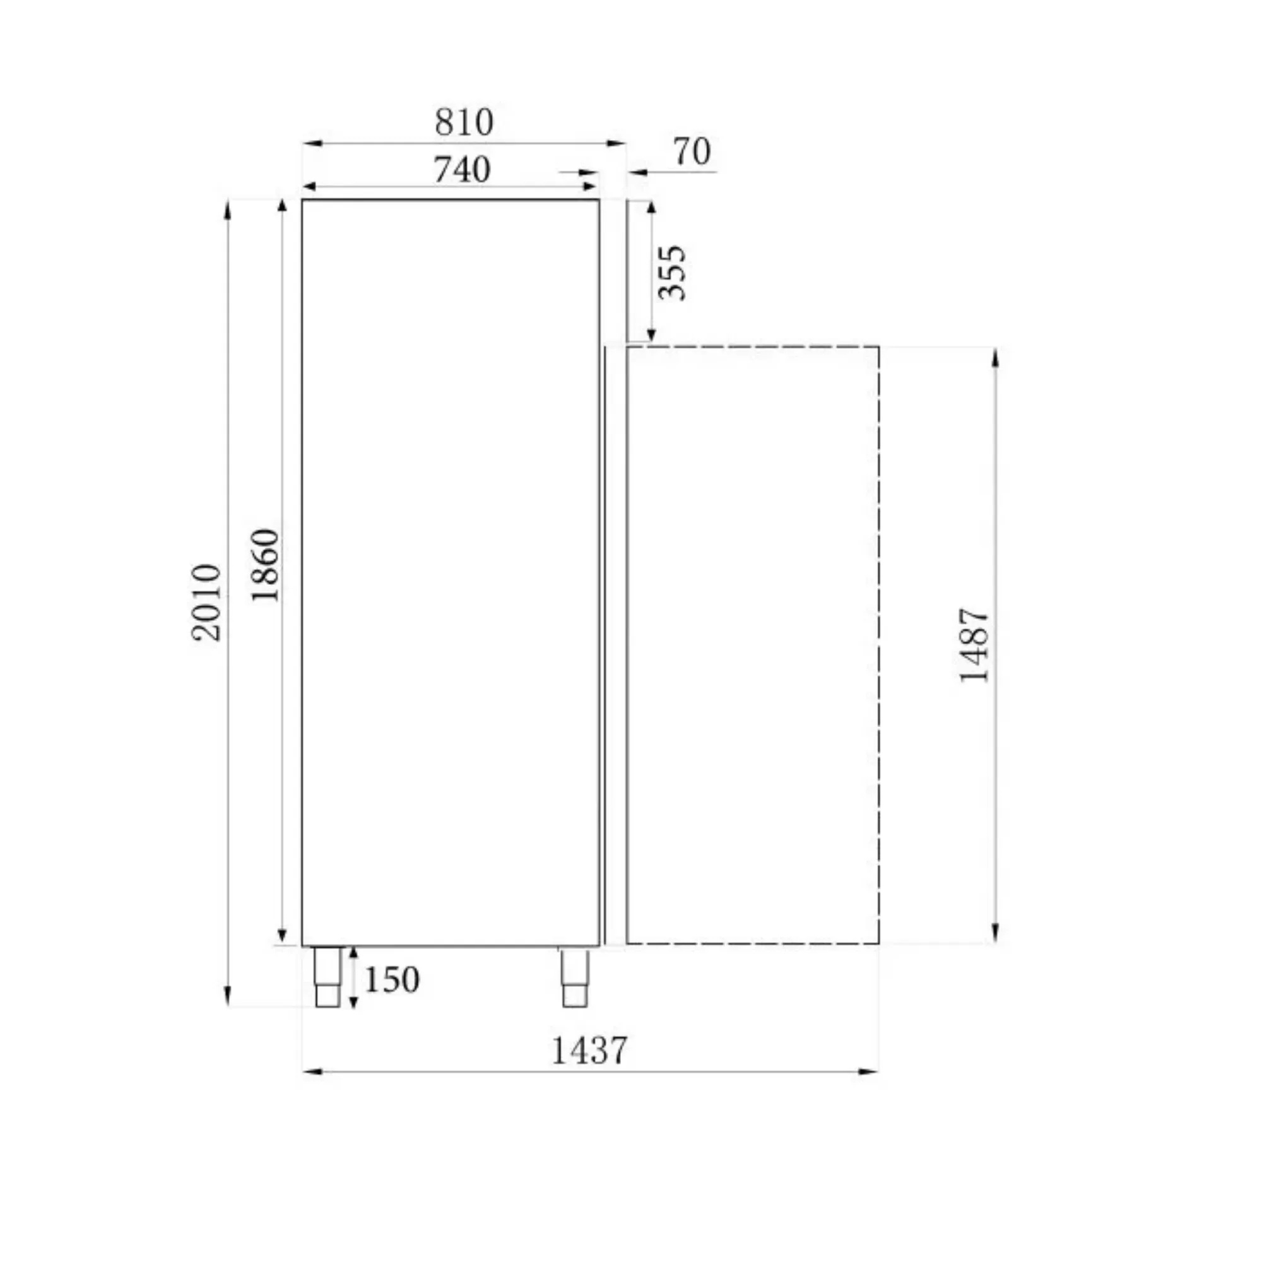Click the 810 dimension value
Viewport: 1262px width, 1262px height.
(x=464, y=122)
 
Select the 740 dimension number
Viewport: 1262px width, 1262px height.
(x=462, y=170)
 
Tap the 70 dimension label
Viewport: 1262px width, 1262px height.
(x=692, y=152)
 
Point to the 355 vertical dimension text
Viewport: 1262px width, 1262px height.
(x=672, y=273)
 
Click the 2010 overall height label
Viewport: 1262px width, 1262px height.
(x=206, y=602)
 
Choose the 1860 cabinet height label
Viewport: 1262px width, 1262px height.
(x=265, y=565)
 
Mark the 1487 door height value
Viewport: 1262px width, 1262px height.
(x=975, y=646)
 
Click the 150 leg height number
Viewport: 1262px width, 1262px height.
(x=391, y=980)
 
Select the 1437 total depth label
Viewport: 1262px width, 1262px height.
(x=589, y=1051)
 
